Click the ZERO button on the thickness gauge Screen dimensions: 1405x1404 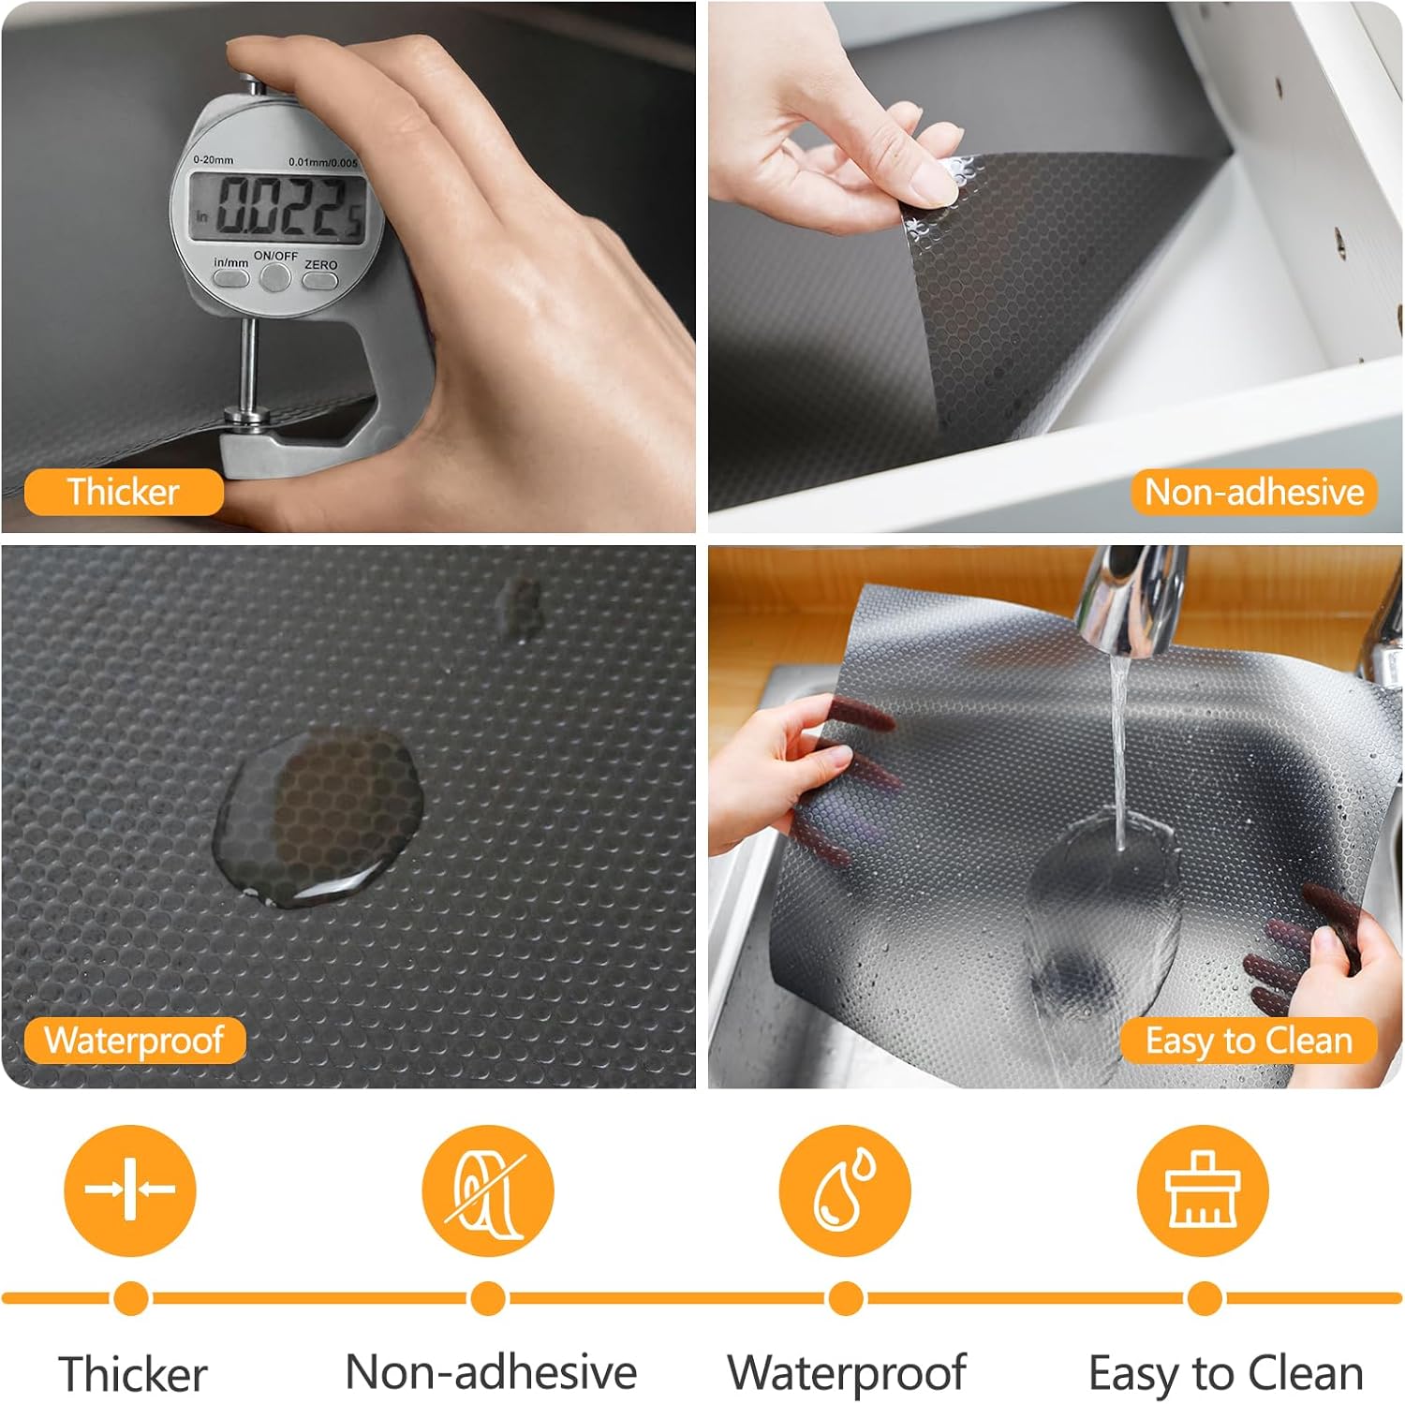320,280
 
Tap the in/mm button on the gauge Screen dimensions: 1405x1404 231,278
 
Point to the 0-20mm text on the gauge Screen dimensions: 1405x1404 214,159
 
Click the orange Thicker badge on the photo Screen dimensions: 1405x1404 124,492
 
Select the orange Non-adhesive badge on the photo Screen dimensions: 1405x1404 1254,492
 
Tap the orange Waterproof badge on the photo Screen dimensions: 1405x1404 135,1041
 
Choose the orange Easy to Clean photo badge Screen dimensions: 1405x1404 1249,1041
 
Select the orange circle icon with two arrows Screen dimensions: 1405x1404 130,1190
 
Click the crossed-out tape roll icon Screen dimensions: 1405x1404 487,1190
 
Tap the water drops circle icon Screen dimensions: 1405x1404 845,1190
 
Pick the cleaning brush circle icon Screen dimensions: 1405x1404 1203,1190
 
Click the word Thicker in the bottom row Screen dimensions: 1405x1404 133,1374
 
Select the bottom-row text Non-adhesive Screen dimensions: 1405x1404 491,1372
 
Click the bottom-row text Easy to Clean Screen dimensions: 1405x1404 1225,1375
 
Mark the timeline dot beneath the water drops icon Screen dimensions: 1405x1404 846,1299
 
